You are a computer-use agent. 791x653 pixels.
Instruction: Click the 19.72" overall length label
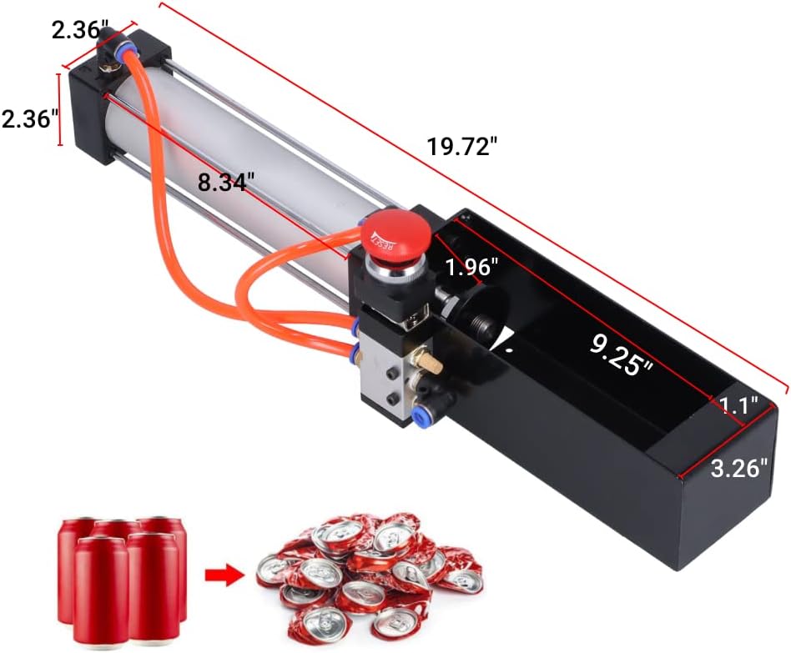point(462,147)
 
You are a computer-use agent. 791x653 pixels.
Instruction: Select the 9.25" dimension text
point(622,356)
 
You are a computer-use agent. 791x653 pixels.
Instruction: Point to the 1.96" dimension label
point(471,266)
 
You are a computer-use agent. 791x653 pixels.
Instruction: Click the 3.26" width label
point(738,468)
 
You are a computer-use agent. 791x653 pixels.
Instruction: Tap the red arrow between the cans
point(224,575)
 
